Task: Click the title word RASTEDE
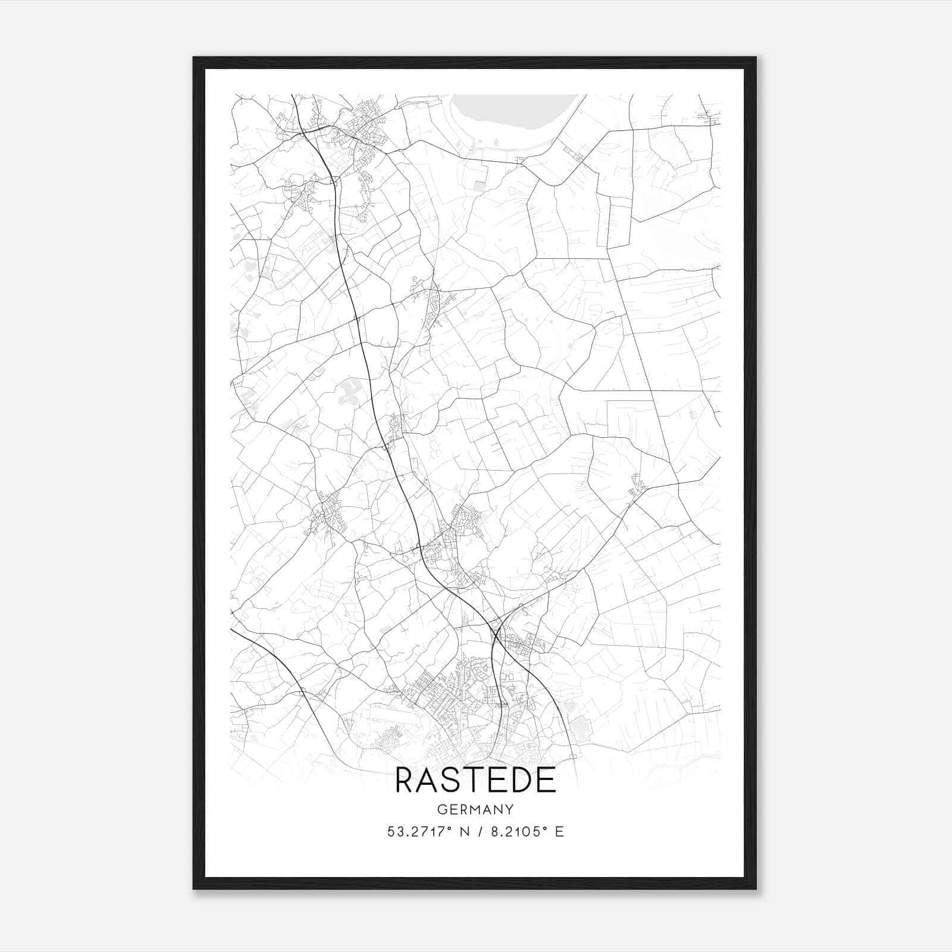click(475, 780)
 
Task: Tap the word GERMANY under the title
click(475, 810)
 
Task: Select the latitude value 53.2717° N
click(426, 832)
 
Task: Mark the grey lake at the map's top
click(512, 116)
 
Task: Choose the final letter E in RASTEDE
click(546, 780)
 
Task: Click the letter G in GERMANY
click(441, 810)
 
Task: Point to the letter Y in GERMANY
click(509, 810)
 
